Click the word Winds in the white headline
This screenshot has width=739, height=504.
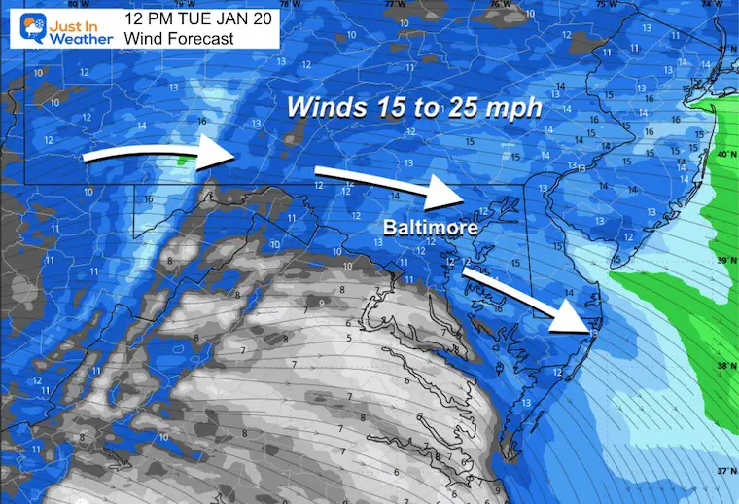[321, 109]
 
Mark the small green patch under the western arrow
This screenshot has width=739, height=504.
[183, 162]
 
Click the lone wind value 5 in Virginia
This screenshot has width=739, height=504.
[348, 338]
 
